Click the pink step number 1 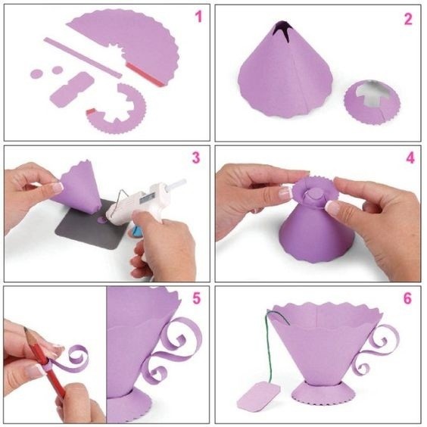tap(199, 17)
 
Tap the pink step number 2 tap(408, 19)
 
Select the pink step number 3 tap(196, 158)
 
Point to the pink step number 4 tap(410, 158)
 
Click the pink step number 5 tap(197, 298)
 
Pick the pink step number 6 tap(407, 298)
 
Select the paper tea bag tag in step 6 tap(259, 396)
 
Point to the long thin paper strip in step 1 tap(83, 58)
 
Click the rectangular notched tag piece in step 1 tap(72, 90)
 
